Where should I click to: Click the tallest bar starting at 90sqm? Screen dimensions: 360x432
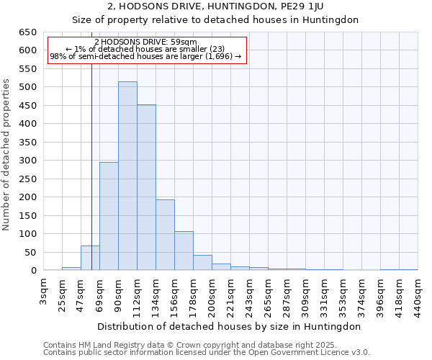[127, 176]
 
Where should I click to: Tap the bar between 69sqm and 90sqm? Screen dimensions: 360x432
[109, 216]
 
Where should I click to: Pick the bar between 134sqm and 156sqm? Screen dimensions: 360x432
[165, 235]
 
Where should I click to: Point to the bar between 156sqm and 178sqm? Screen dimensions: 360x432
[184, 251]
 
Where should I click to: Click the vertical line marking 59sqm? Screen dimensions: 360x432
[91, 144]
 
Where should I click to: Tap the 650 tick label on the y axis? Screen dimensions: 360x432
[27, 32]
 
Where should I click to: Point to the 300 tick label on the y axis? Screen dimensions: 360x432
[27, 161]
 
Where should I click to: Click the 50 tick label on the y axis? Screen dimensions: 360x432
[30, 253]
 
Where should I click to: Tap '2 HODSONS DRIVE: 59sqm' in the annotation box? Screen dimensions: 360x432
[145, 42]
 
